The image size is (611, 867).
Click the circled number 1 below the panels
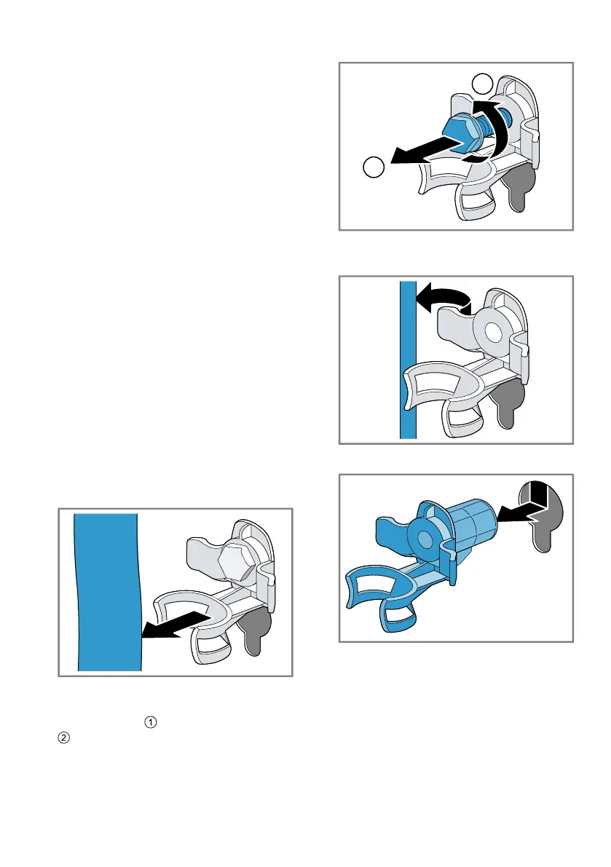[x=151, y=722]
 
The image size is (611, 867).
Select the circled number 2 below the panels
[x=64, y=737]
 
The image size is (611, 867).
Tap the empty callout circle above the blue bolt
[x=483, y=84]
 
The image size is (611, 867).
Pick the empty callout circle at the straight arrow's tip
[x=374, y=167]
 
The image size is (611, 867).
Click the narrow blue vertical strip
[x=408, y=360]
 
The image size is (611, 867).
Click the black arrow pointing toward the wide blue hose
[x=176, y=624]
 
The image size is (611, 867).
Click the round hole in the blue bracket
[x=424, y=537]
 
